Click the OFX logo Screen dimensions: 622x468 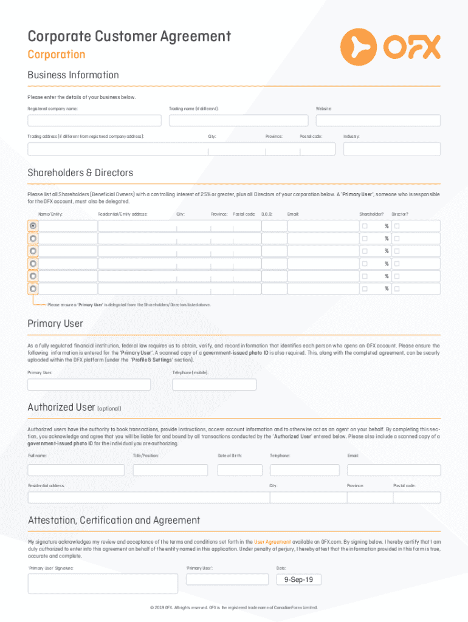pos(390,46)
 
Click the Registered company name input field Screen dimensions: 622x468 pos(96,120)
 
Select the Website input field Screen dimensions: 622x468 pos(377,120)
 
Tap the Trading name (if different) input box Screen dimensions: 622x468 pos(238,120)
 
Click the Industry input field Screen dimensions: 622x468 pos(391,149)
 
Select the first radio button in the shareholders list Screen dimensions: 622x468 pos(33,226)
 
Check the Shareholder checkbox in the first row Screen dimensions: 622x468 pos(365,226)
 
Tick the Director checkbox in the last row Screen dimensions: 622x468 pos(396,289)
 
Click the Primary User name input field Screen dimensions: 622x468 pos(89,384)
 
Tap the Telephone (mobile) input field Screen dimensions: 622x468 pos(214,384)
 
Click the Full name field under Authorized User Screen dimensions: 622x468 pos(76,470)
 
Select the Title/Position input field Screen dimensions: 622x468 pos(170,470)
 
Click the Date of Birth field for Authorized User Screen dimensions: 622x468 pos(240,470)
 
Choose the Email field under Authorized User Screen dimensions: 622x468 pos(393,470)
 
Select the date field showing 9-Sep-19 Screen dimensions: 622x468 pos(298,579)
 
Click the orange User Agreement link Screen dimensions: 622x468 pos(272,541)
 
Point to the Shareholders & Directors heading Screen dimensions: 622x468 pos(80,173)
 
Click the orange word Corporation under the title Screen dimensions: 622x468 pos(57,55)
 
